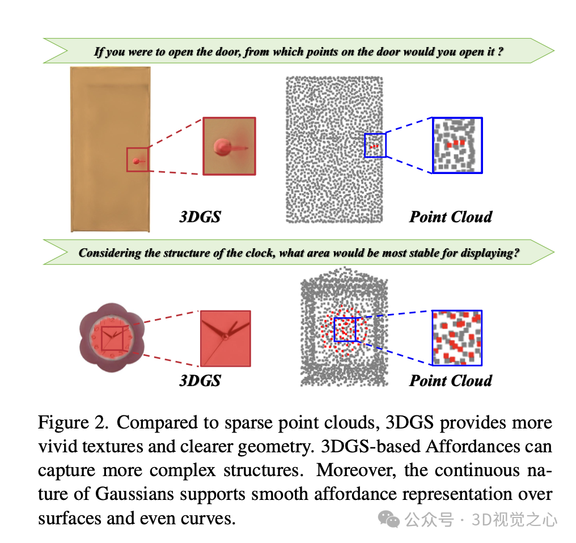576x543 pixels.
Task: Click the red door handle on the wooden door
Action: point(136,162)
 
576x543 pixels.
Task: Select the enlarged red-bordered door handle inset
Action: point(229,146)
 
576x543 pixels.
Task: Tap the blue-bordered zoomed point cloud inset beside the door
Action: point(457,145)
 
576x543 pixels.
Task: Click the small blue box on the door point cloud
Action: point(374,145)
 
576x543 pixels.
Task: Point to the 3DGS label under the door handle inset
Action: point(200,217)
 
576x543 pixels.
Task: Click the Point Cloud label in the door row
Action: point(451,217)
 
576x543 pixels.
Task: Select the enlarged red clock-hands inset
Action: point(225,338)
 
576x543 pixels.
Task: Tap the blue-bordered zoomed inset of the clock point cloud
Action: point(457,338)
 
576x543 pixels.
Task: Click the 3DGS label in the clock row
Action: point(200,380)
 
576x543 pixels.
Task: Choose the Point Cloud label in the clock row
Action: point(451,380)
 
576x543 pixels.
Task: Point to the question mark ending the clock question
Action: point(516,253)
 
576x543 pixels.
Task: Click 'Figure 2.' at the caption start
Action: point(74,423)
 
